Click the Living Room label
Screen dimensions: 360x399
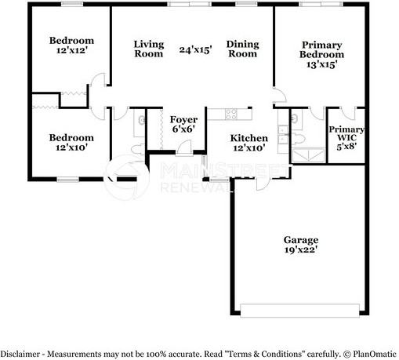[x=148, y=49]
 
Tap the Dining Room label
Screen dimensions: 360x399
[x=243, y=49]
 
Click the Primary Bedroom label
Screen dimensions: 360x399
[x=322, y=55]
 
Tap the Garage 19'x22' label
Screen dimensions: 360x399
[x=301, y=245]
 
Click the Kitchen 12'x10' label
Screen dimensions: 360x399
[x=247, y=142]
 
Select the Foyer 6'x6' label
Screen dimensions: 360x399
[x=182, y=124]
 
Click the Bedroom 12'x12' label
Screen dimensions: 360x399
[x=71, y=45]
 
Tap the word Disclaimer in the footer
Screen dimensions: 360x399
[x=21, y=353]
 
